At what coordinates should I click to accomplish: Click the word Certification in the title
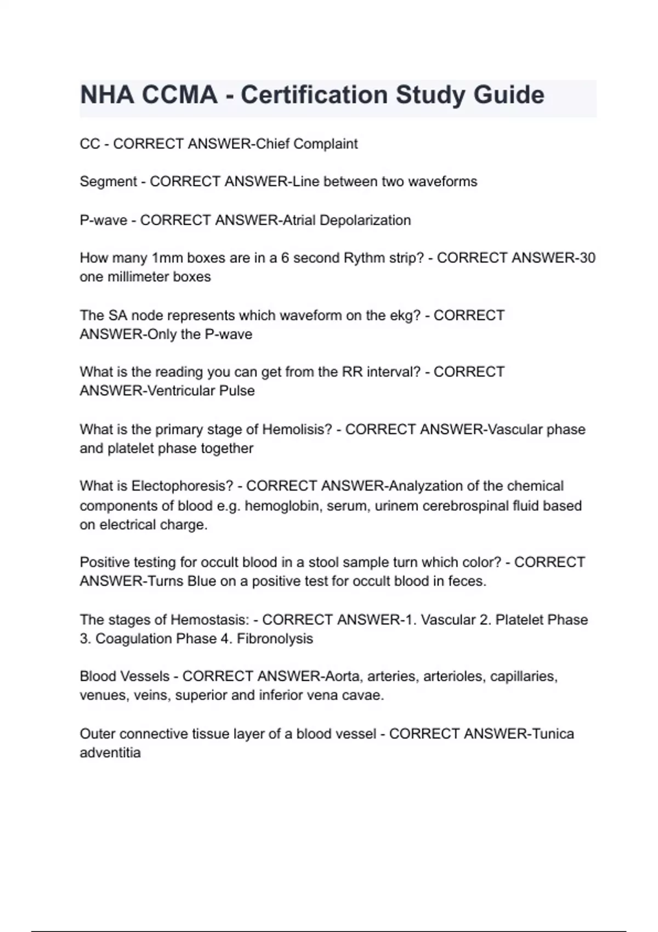[314, 95]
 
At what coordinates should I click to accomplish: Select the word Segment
[108, 181]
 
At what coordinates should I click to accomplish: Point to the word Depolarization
[365, 220]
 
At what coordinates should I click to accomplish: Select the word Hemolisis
[297, 429]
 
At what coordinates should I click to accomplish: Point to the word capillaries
[524, 677]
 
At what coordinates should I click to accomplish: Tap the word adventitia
[110, 753]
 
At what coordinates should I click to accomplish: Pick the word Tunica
[553, 734]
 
